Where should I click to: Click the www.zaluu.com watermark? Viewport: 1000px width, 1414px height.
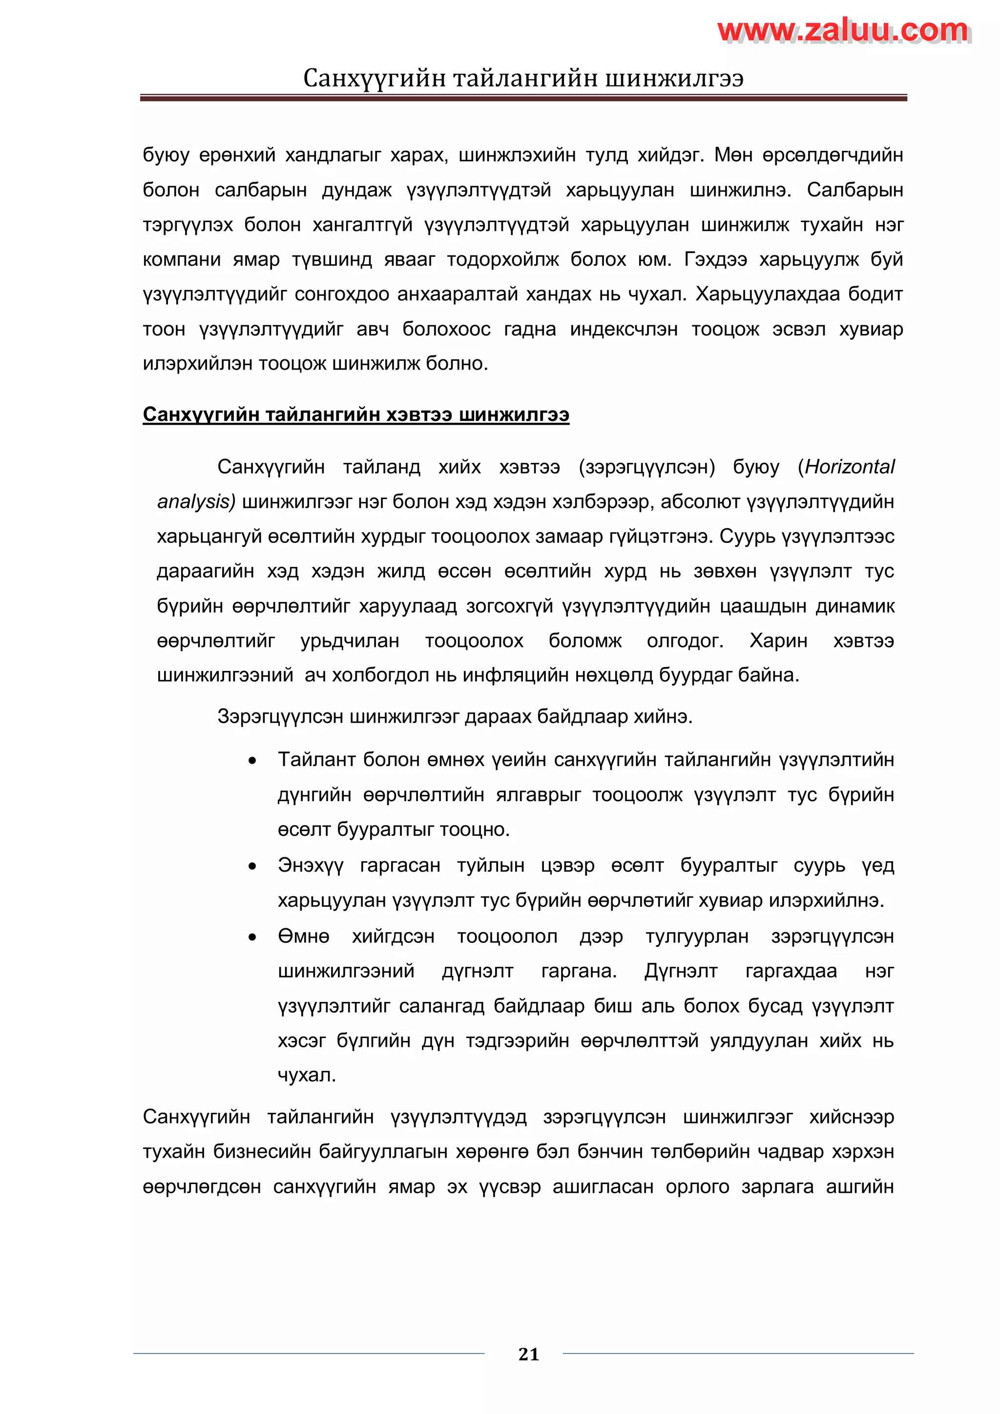(844, 30)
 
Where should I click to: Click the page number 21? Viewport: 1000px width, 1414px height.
(529, 1354)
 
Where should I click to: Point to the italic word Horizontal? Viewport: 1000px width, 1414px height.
(849, 467)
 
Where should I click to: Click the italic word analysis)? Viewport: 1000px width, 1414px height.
(196, 502)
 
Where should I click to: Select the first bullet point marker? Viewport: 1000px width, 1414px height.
(252, 761)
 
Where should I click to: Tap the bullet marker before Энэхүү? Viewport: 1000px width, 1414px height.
(252, 867)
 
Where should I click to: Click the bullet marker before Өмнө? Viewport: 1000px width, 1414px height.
(252, 937)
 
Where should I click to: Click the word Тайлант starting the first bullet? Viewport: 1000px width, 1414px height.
(315, 759)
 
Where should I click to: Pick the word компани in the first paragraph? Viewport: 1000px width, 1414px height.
(182, 259)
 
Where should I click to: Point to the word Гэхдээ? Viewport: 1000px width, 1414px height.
(715, 259)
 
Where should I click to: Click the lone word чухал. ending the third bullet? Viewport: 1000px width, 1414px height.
(307, 1075)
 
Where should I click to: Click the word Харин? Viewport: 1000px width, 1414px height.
(778, 641)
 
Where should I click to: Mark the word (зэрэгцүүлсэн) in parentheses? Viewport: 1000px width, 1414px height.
(646, 467)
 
